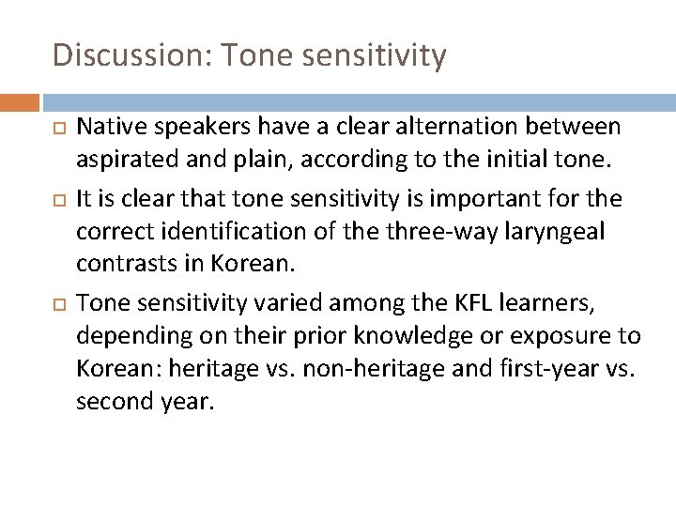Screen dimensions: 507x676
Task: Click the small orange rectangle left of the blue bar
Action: (x=20, y=101)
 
